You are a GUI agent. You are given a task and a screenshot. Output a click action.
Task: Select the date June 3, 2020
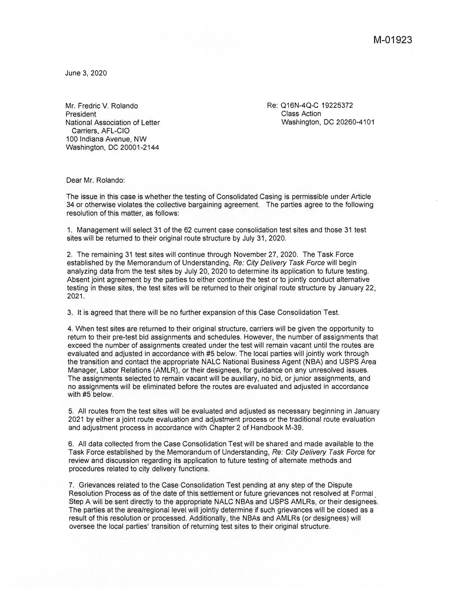pyautogui.click(x=86, y=73)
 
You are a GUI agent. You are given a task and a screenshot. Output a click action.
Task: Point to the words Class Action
pyautogui.click(x=301, y=114)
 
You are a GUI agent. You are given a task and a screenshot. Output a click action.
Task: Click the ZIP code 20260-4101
pyautogui.click(x=355, y=122)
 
